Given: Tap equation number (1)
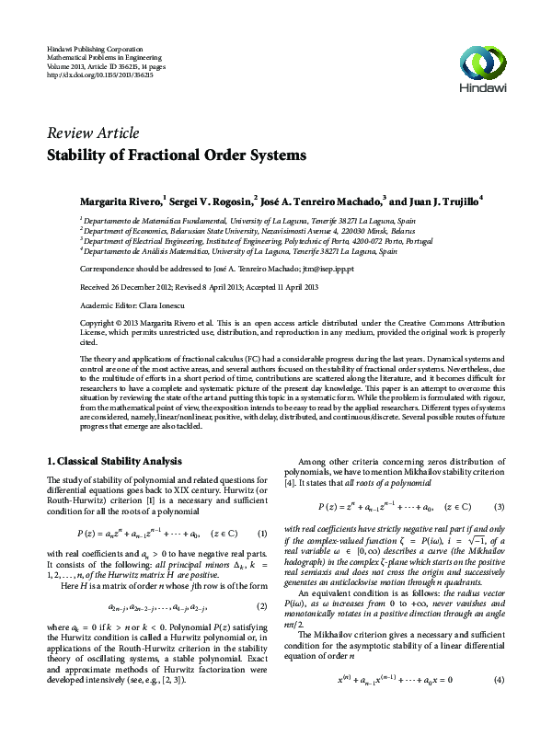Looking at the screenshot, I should click(x=262, y=533).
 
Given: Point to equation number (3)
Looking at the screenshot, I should click(x=499, y=506).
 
